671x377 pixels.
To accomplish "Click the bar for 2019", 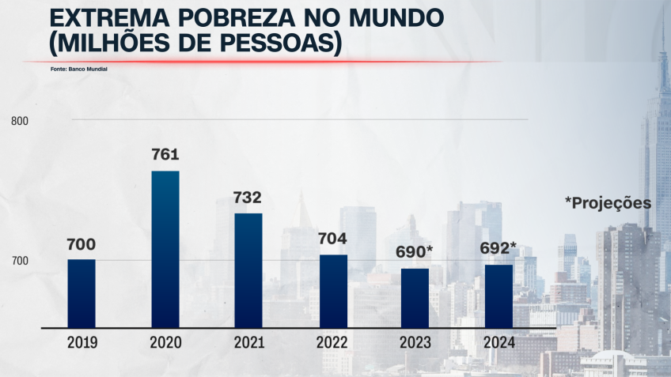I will pos(82,293).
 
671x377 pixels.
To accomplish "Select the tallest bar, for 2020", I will pos(165,249).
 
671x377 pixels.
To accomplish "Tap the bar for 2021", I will pos(248,270).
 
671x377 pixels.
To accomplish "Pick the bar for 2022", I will pos(332,291).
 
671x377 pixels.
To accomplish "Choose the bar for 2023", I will pos(415,298).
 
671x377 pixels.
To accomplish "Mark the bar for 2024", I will pos(498,296).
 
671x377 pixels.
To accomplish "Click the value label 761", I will pos(165,154).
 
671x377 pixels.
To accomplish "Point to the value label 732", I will pos(247,197).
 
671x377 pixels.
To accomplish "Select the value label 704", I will pos(332,238).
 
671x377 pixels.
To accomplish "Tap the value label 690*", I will pos(415,252).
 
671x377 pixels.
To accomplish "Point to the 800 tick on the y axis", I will pos(20,121).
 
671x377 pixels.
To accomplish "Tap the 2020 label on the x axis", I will pos(165,343).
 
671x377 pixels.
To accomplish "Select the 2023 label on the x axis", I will pos(415,343).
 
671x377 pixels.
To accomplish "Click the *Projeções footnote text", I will pos(608,203).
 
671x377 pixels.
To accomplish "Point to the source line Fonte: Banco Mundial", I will pos(78,70).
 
